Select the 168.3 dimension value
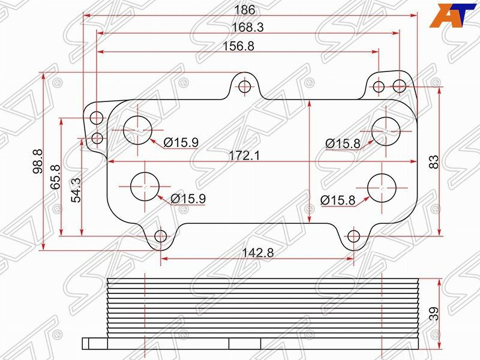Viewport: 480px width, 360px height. [248, 28]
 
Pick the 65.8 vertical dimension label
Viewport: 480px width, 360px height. [56, 177]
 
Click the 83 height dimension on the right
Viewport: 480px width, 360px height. [434, 161]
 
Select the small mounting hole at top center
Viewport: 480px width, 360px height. [244, 87]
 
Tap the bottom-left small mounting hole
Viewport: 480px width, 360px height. [161, 236]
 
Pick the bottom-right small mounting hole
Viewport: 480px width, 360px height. [354, 236]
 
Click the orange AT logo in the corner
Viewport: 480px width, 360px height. [450, 15]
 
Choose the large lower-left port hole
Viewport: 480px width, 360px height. [145, 187]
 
